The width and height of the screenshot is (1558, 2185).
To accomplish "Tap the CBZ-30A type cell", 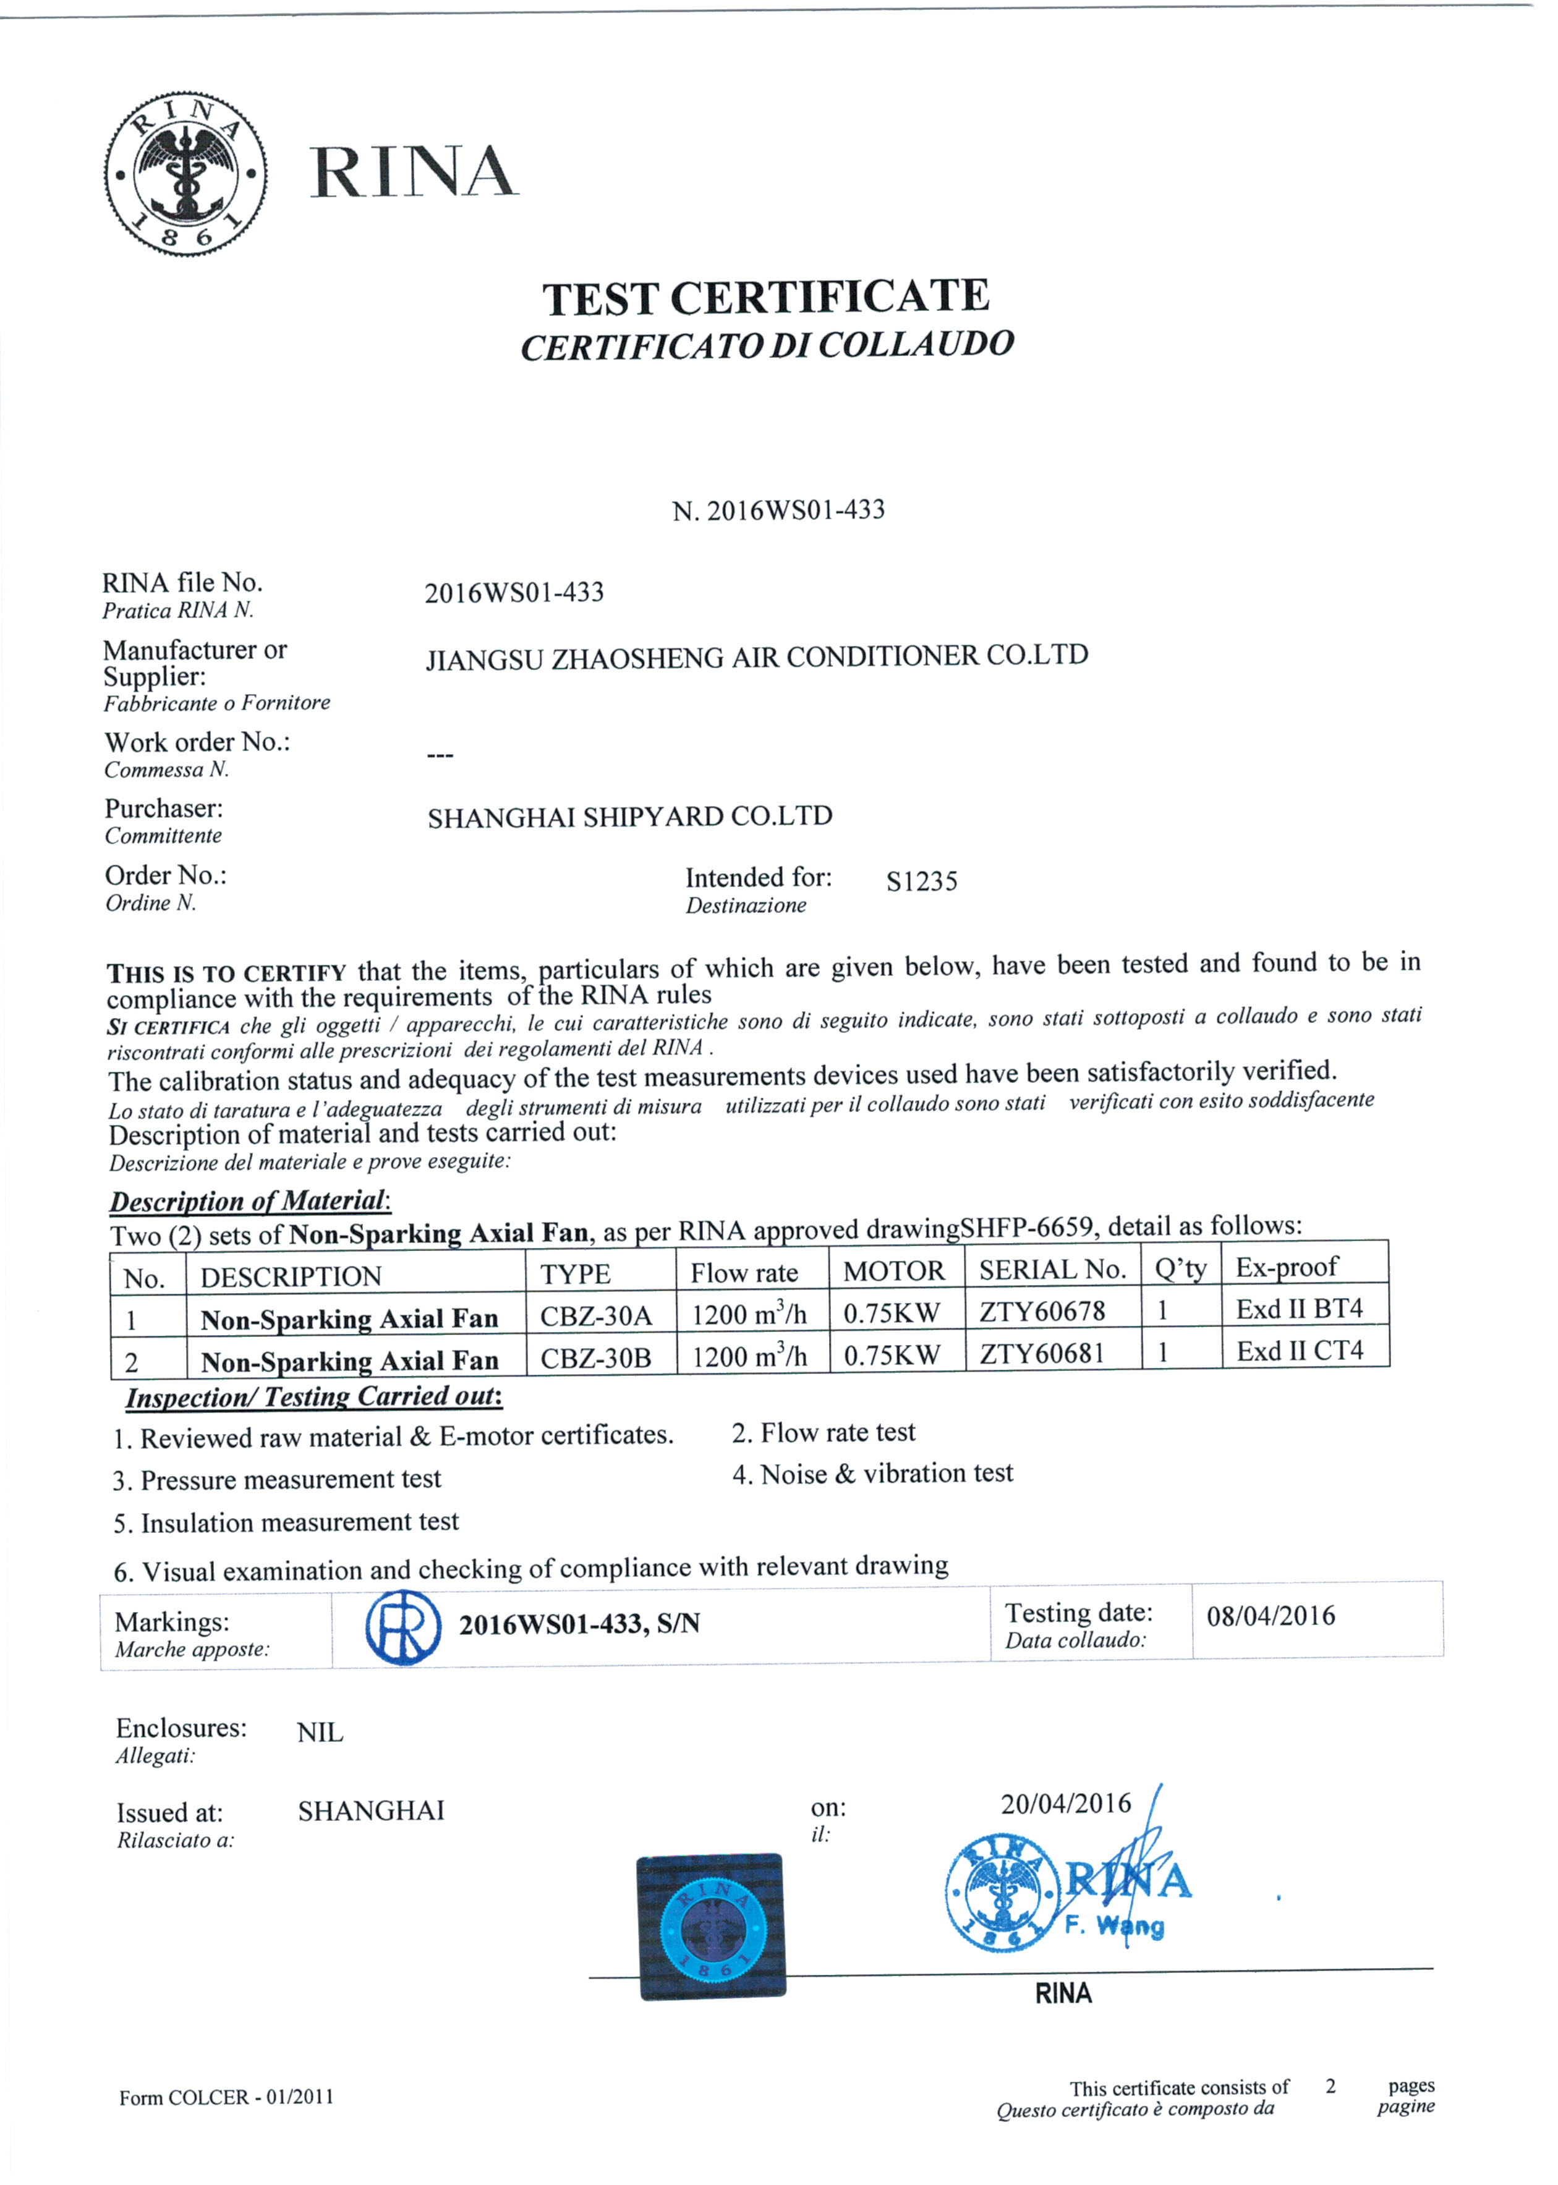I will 596,1316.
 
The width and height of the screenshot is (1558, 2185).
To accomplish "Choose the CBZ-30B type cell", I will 596,1358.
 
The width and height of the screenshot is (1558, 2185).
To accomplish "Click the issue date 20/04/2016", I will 1066,1804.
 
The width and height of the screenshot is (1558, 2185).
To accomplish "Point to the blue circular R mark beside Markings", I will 403,1627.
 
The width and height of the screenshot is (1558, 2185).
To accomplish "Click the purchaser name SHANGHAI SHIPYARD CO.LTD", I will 629,817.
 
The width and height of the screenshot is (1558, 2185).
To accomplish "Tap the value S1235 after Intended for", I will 921,881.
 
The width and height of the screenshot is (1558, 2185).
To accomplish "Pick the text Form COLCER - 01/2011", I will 226,2098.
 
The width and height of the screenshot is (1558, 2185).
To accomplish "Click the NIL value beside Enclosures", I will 320,1733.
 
